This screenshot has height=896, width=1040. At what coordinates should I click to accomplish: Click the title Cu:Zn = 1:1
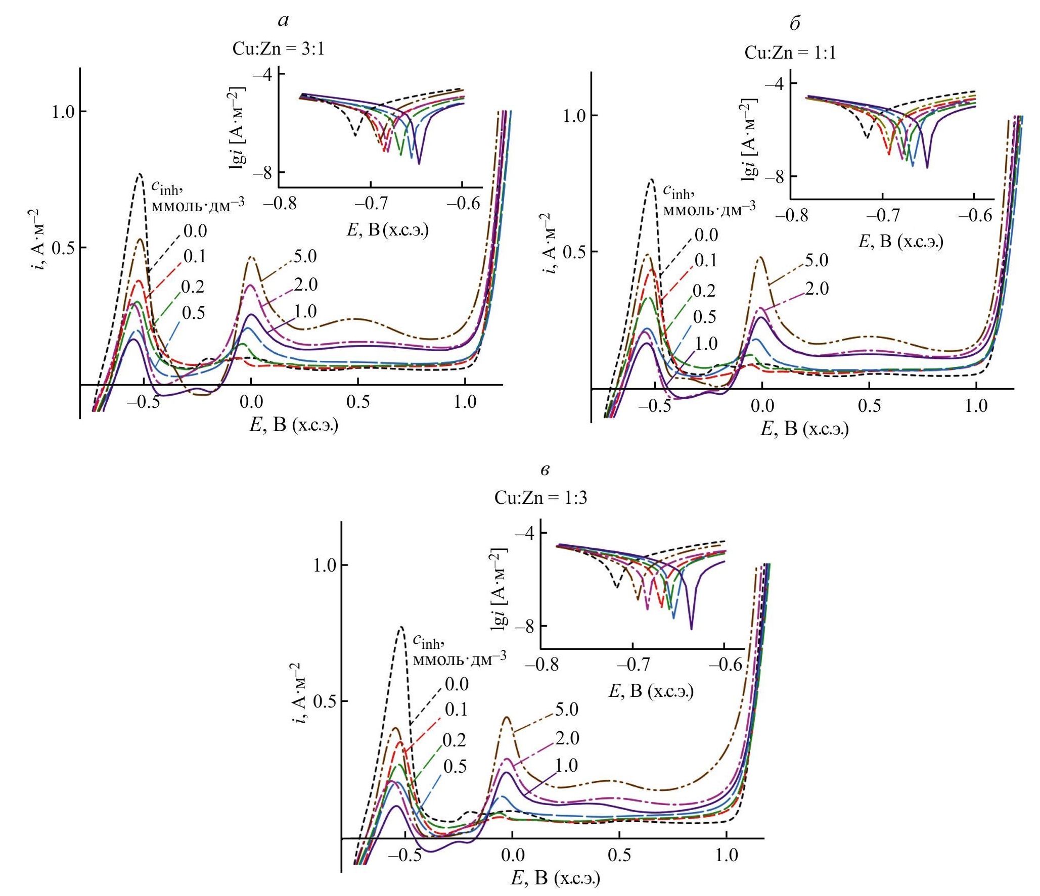tap(790, 53)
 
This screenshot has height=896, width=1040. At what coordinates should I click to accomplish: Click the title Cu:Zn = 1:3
tap(540, 498)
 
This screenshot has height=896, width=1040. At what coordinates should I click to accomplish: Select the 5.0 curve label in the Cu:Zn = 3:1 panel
tap(305, 256)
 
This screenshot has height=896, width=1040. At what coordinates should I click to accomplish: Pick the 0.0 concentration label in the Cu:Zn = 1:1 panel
tap(706, 235)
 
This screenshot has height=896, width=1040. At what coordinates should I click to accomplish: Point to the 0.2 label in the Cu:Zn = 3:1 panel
tap(193, 287)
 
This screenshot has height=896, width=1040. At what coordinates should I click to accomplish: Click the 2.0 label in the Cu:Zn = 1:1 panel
tap(817, 289)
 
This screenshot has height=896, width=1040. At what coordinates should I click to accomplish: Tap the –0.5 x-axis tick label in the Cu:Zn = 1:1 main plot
tap(654, 406)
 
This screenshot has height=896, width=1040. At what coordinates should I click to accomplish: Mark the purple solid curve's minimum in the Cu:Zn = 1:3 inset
tap(691, 629)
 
